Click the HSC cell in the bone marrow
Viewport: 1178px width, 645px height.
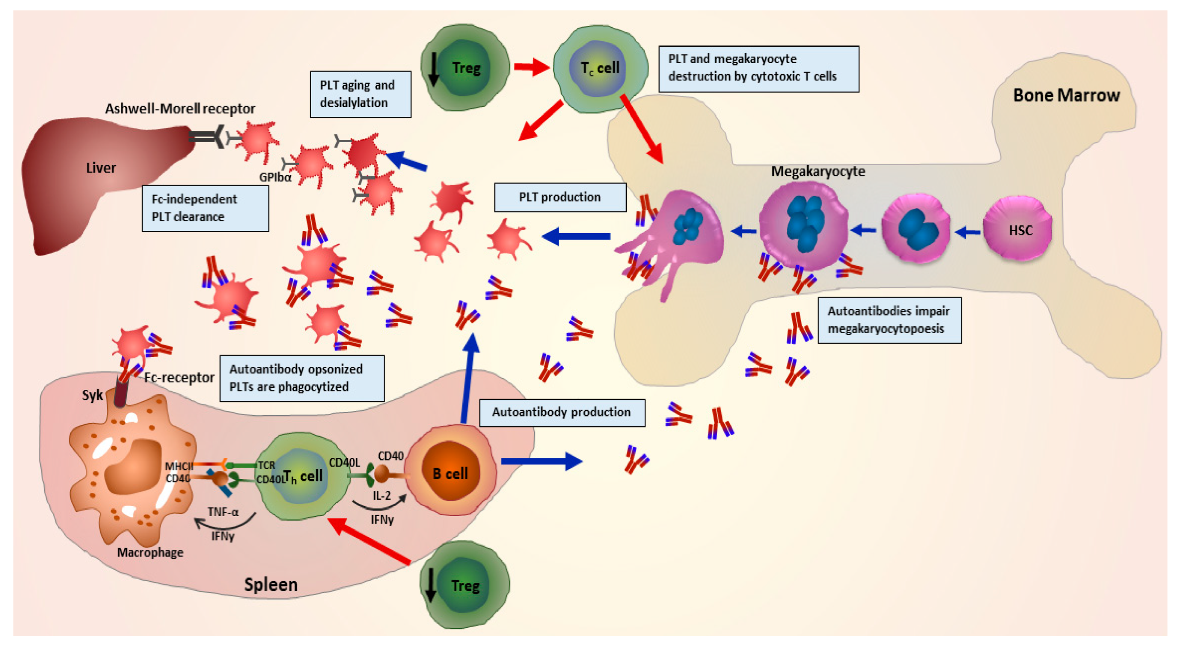[1017, 229]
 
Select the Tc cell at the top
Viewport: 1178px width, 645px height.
[600, 68]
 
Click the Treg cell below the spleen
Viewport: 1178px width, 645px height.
[464, 585]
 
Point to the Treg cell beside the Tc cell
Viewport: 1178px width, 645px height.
[465, 68]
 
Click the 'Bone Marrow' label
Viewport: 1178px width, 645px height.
[1066, 95]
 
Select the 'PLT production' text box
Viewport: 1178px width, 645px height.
[560, 197]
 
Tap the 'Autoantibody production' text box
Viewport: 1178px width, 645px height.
[562, 412]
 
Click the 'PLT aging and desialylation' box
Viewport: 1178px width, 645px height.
[360, 94]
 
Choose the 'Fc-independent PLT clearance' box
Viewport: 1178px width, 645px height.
[205, 208]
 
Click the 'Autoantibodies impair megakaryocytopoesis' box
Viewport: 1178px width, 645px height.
[889, 320]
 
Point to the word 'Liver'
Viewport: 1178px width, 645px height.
[101, 168]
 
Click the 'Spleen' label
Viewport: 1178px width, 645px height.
[271, 584]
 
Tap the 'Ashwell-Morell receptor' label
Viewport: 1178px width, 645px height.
[180, 108]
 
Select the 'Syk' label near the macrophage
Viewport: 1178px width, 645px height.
[92, 395]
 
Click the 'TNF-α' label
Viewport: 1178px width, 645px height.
[223, 512]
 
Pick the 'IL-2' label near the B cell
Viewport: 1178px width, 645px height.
[381, 495]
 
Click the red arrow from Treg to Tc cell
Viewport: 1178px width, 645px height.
[531, 67]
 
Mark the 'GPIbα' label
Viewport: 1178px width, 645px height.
[275, 177]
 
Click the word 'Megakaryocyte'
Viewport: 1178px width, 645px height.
[818, 172]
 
